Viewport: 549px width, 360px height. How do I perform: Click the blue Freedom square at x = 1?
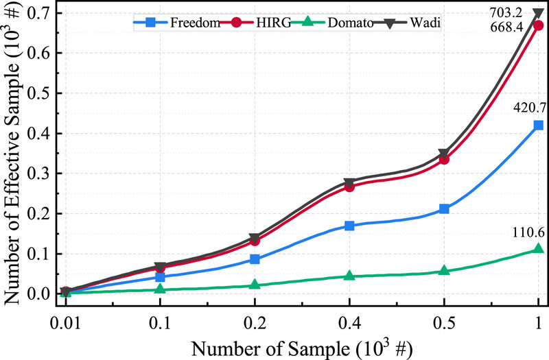[539, 125]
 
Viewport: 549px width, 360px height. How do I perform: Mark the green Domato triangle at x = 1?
[539, 249]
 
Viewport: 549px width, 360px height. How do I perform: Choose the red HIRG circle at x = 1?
[539, 25]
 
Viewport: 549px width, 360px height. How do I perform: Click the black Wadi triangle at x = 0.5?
[444, 154]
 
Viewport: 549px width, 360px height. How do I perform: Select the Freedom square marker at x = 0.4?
[349, 226]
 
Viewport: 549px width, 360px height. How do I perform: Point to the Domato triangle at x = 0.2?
[255, 285]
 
